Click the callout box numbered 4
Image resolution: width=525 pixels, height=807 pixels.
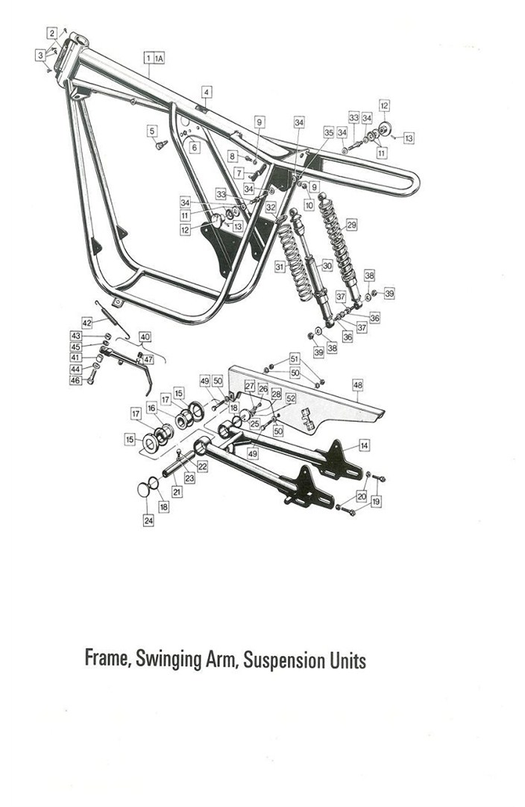(206, 93)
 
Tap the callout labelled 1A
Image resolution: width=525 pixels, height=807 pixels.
(159, 58)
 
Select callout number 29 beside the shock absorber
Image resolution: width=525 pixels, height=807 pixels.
(352, 225)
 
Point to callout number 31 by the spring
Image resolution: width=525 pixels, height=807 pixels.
(280, 267)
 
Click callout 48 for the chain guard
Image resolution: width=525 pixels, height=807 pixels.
(358, 384)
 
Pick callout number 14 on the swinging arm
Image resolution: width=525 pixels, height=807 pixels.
(364, 445)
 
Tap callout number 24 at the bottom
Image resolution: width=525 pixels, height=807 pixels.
(148, 520)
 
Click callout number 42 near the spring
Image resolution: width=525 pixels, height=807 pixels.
(87, 323)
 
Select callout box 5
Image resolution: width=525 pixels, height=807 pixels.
(151, 131)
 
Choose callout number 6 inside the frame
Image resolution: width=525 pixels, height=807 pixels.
(194, 148)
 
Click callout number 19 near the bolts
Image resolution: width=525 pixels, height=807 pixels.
(377, 501)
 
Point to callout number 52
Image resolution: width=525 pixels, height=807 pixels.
(291, 399)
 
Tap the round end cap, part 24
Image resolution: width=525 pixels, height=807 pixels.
(142, 489)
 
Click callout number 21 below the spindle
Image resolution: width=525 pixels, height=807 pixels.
(177, 492)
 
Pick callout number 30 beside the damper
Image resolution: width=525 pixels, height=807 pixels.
(327, 266)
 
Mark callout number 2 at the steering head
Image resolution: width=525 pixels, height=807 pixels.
(52, 34)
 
